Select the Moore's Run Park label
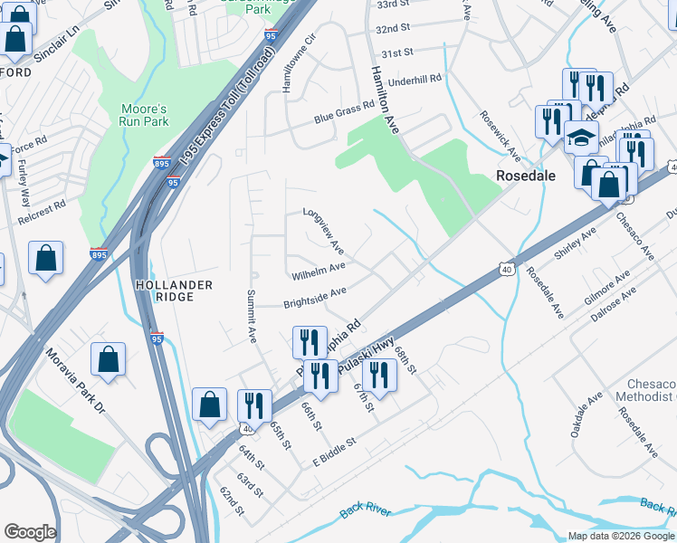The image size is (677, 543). pos(145,114)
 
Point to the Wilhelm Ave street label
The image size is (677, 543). pos(318,271)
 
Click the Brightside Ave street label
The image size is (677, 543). pos(315,295)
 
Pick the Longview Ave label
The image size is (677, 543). pos(324,232)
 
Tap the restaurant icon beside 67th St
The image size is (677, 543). pos(379,376)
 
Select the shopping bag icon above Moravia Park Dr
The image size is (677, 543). pos(108,358)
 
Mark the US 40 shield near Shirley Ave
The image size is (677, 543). pos(506,268)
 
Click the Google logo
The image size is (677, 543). pos(30,532)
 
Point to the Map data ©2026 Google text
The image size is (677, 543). pos(620,536)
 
